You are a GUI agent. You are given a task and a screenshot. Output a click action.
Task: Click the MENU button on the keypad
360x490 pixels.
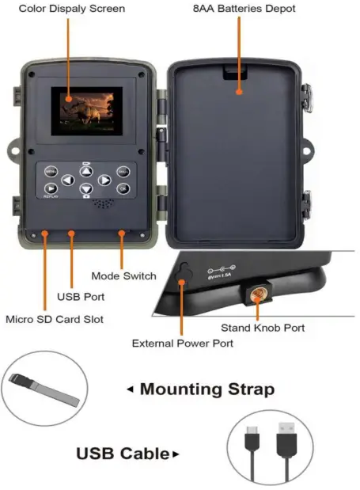tap(51, 171)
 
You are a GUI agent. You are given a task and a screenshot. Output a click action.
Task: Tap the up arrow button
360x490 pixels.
tap(85, 170)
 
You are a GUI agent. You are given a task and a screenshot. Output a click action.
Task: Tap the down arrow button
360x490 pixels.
tap(85, 190)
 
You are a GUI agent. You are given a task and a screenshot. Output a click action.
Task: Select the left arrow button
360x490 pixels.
tap(68, 181)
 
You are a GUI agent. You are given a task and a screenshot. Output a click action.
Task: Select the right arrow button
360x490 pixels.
tap(104, 181)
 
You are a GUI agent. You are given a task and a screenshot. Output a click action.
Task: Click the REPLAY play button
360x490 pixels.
tap(51, 188)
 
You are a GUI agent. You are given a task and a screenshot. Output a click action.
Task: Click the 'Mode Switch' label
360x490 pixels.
tap(123, 276)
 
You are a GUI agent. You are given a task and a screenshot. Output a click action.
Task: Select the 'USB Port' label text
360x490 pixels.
tap(80, 297)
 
